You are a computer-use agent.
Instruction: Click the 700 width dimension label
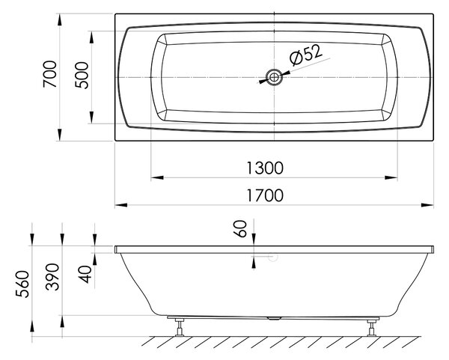[50, 74]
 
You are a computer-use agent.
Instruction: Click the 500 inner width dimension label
[82, 76]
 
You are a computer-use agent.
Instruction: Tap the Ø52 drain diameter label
[306, 54]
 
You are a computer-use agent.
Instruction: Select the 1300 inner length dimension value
[265, 168]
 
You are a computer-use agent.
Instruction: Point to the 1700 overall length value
[265, 195]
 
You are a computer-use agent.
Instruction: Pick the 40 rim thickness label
[85, 274]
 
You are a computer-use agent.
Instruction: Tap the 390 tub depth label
[52, 277]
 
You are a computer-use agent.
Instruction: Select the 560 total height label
[22, 284]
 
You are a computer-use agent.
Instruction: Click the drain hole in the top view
[274, 77]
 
